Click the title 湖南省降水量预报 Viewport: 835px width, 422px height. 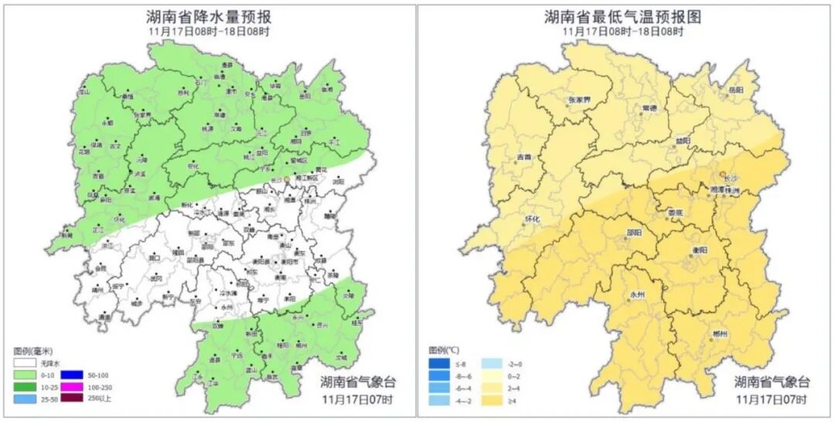pos(209,16)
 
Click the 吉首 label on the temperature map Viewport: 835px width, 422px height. pos(523,157)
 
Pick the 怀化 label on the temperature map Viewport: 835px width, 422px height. pos(532,219)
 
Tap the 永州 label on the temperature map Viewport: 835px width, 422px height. pos(637,294)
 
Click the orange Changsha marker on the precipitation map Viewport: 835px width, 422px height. pos(288,178)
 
